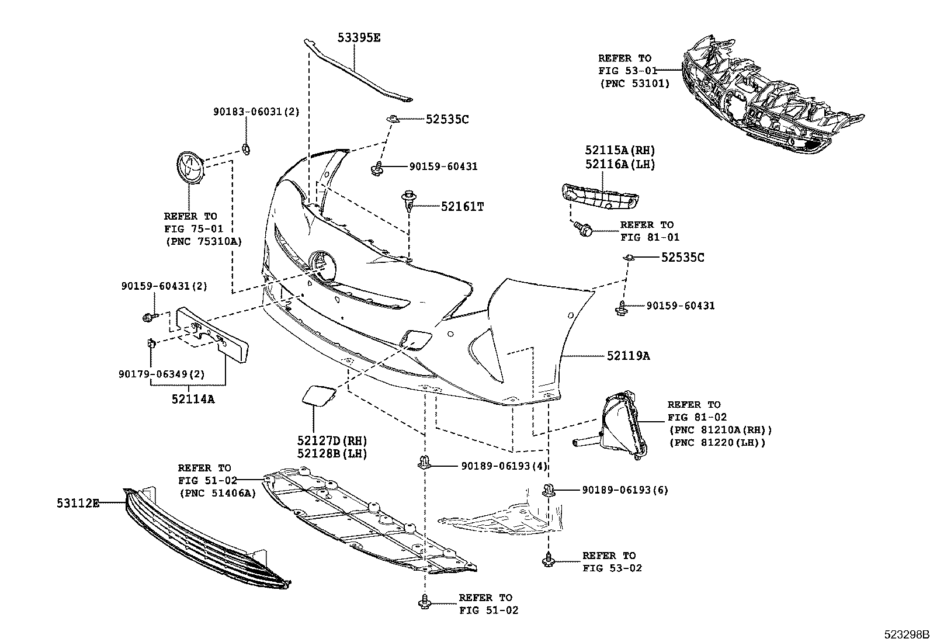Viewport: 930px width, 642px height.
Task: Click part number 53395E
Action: tap(359, 38)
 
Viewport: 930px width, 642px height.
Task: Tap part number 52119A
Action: tap(627, 355)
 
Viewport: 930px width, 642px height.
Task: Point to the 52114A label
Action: tap(193, 399)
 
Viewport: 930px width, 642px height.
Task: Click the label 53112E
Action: tap(78, 502)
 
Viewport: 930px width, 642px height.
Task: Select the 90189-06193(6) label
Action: tap(624, 490)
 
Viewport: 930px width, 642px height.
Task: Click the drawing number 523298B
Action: tap(905, 634)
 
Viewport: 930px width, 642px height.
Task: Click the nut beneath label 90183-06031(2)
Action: tap(246, 148)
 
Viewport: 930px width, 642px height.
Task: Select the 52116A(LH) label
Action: tap(620, 165)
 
